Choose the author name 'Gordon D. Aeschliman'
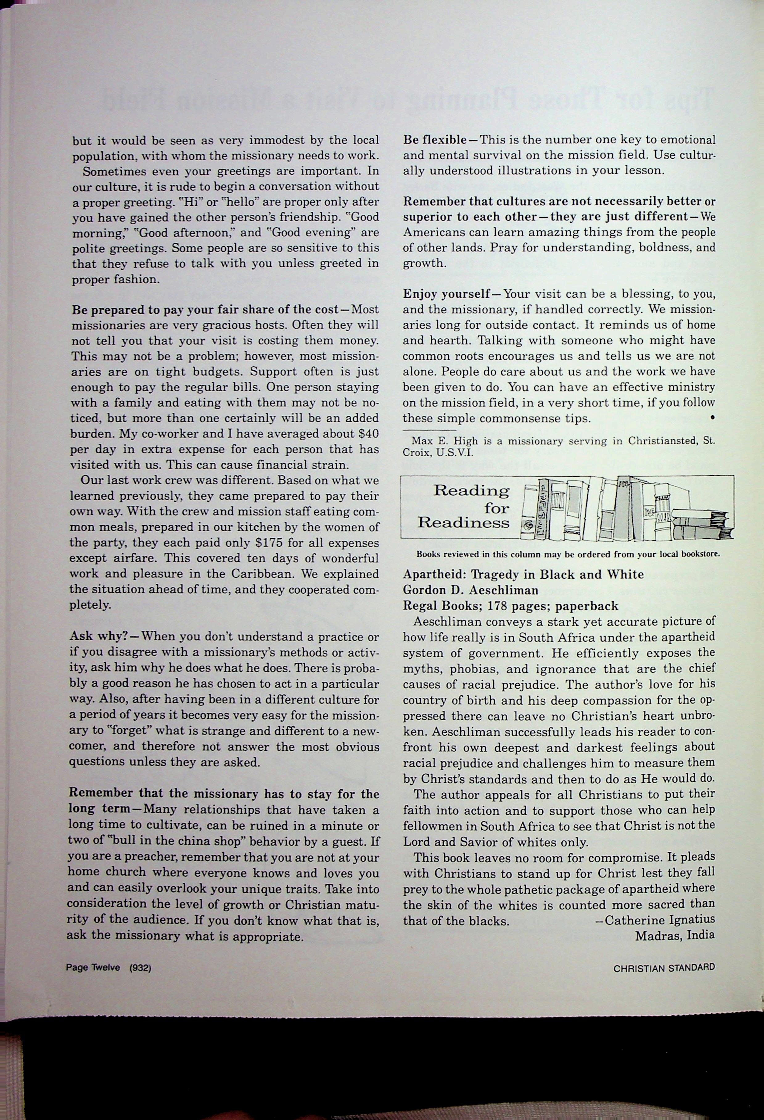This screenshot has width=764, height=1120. click(x=470, y=590)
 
